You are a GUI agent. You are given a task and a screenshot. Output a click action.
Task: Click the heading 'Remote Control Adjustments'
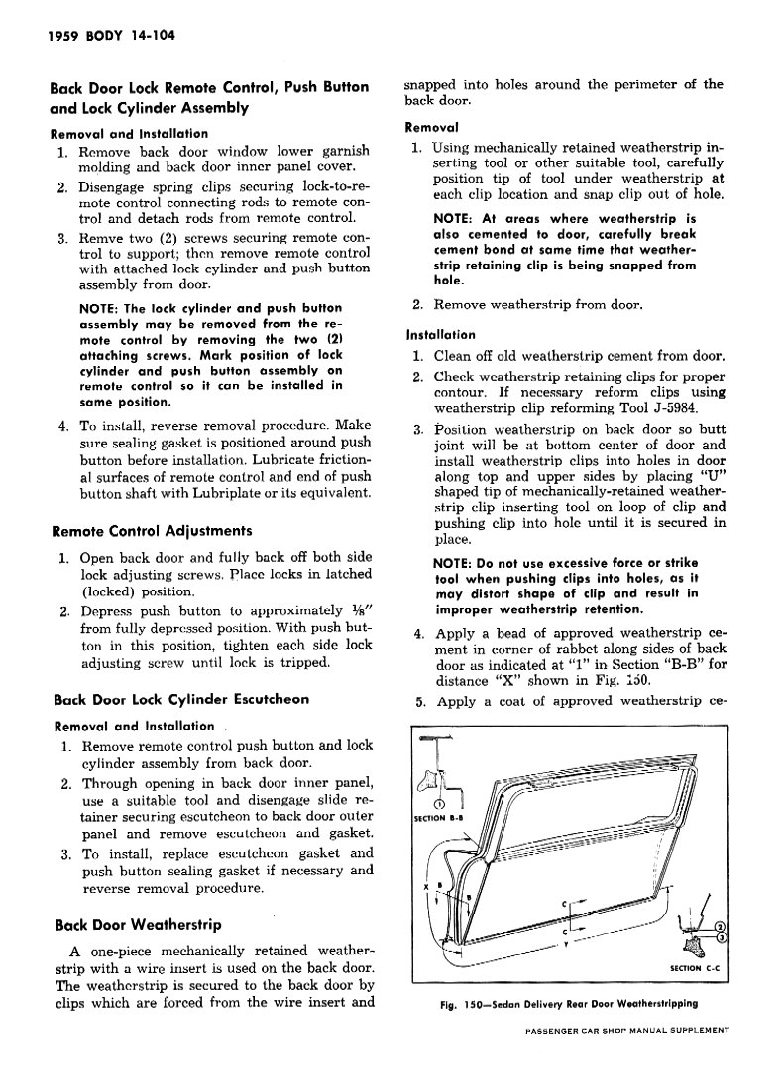point(151,530)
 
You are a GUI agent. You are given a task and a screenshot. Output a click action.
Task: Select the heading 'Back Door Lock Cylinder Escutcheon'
point(180,699)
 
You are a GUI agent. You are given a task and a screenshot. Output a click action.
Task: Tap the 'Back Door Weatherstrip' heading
point(136,925)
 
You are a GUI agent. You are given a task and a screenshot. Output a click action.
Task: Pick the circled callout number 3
point(722,937)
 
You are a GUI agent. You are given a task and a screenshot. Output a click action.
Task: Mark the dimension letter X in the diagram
point(425,885)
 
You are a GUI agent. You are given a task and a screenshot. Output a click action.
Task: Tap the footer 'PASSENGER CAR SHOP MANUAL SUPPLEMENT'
point(626,1031)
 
